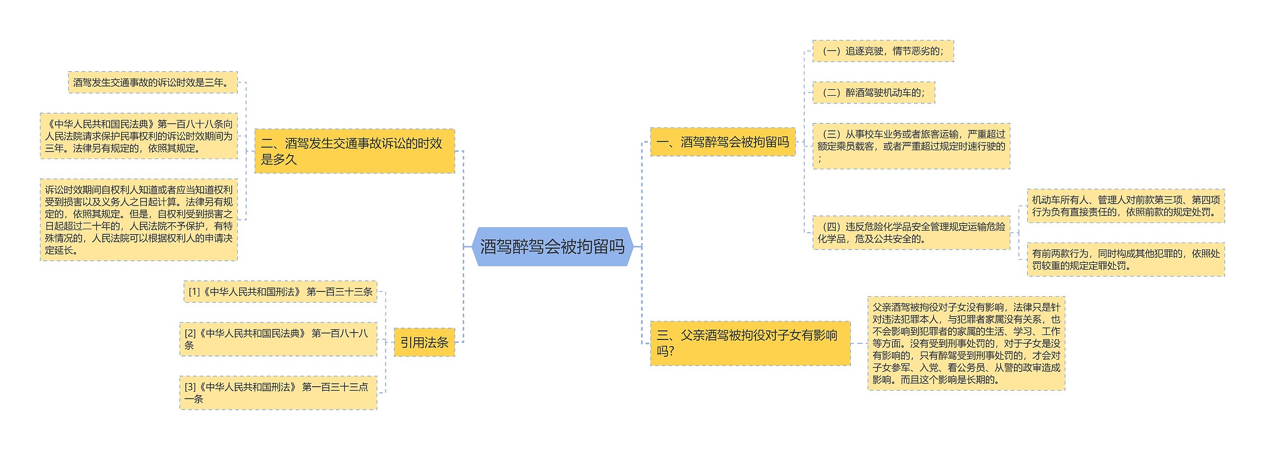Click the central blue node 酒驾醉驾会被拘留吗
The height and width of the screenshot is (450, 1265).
point(552,246)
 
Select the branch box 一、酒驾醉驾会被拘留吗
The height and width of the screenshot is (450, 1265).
point(722,142)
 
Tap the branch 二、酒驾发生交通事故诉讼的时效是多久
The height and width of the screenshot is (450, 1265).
point(354,151)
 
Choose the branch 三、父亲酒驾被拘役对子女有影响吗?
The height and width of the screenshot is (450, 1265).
point(750,343)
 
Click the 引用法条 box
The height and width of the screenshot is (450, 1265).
point(424,342)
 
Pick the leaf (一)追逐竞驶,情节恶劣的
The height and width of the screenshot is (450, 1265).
point(883,51)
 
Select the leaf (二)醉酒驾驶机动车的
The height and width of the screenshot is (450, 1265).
point(873,92)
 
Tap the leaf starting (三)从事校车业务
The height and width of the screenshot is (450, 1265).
point(911,146)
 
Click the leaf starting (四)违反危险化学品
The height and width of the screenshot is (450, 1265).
point(911,233)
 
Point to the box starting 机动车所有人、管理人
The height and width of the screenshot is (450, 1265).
point(1125,206)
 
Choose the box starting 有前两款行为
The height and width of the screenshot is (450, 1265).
point(1125,259)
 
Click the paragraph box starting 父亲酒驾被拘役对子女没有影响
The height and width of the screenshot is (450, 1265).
point(966,343)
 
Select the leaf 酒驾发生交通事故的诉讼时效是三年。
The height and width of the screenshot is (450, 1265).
point(153,82)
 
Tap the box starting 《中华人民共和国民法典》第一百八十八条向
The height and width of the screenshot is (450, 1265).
point(138,136)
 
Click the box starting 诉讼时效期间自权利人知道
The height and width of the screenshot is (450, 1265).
point(138,220)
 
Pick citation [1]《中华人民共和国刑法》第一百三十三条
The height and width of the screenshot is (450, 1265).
point(280,292)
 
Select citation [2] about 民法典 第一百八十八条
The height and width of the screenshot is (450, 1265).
point(278,339)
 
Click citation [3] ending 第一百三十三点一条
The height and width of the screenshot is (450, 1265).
point(278,393)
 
